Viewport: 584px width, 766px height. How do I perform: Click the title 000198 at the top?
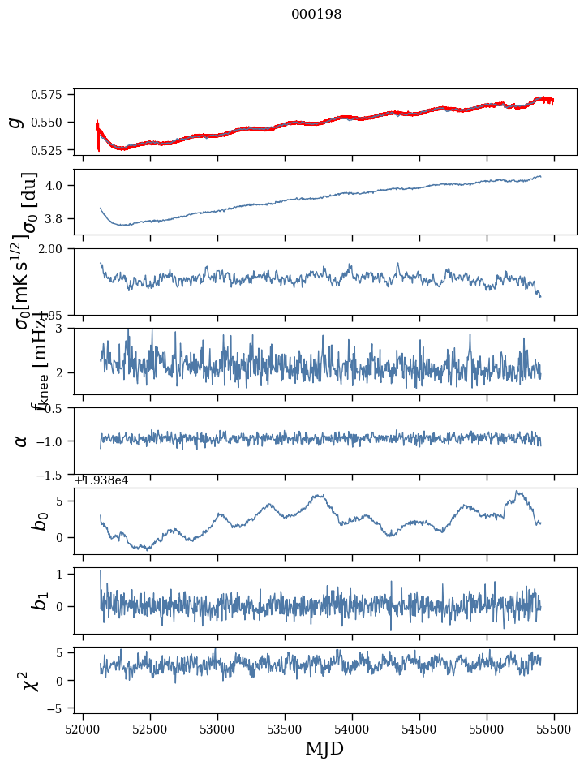coord(316,15)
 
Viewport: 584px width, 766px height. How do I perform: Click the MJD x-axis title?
coord(324,749)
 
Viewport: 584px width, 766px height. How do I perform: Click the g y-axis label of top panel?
coord(15,122)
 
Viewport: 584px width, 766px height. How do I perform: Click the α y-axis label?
coord(21,441)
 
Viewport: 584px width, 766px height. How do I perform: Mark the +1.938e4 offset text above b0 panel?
coord(101,480)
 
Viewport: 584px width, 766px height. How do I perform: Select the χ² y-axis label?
coord(31,681)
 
